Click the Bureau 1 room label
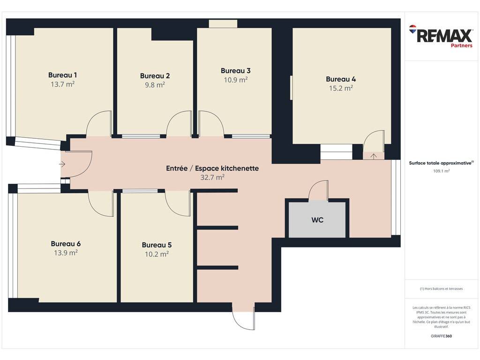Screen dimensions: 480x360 pos(62,75)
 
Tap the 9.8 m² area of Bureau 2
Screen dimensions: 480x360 pos(155,85)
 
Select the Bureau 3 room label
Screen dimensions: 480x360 pos(236,71)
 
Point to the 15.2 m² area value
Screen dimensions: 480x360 pos(341,88)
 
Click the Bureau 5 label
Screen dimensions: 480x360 pos(157,245)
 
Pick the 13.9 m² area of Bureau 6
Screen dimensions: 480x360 pos(66,253)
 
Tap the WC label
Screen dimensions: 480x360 pos(317,220)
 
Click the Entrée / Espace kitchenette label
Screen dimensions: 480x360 pos(212,168)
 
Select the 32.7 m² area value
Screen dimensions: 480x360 pos(212,177)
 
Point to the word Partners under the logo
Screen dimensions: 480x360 pos(461,45)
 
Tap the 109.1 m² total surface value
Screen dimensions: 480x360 pos(442,171)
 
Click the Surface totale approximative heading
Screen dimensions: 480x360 pos(441,163)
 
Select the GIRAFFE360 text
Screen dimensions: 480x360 pos(442,336)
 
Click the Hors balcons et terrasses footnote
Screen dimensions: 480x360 pos(442,289)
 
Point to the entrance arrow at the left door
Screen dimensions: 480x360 pos(62,164)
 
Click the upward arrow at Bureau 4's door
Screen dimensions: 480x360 pos(374,156)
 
